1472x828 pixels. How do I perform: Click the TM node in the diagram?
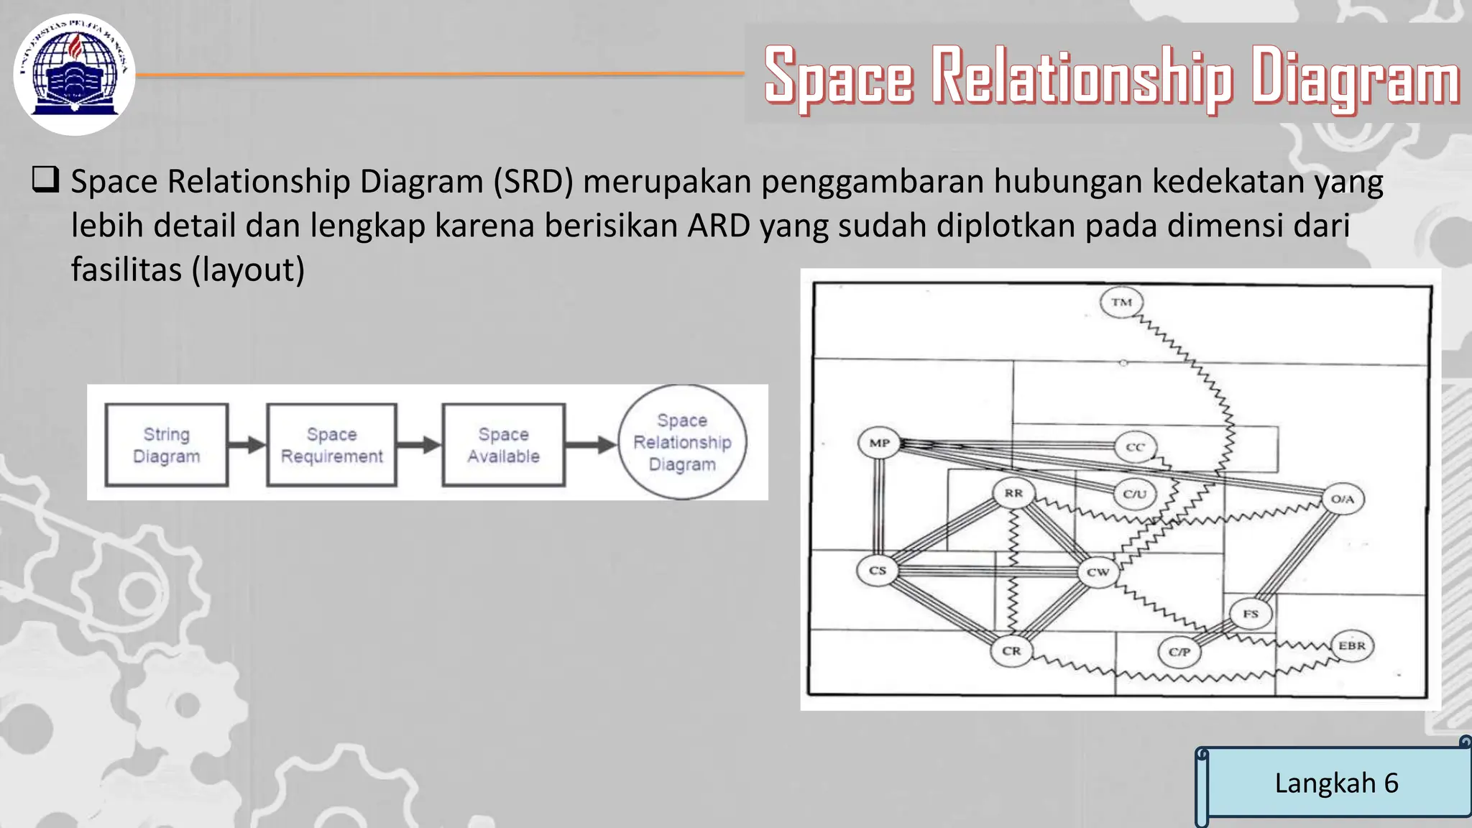(1121, 303)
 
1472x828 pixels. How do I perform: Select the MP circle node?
(879, 443)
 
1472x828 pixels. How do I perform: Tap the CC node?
(1135, 447)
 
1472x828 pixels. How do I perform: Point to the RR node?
(1013, 493)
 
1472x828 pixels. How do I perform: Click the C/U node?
(1135, 494)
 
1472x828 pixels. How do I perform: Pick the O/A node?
(1342, 499)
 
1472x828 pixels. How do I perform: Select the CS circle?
(878, 571)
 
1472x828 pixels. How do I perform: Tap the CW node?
(1098, 572)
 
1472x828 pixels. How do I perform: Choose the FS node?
(1251, 614)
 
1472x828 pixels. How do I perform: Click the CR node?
(1011, 650)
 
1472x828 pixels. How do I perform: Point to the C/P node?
(1179, 652)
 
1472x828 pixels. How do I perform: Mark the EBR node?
(1351, 645)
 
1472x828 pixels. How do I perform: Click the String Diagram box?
(167, 445)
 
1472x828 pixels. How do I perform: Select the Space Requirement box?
(331, 445)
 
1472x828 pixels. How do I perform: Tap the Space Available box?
(503, 445)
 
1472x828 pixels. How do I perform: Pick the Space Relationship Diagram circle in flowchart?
(682, 442)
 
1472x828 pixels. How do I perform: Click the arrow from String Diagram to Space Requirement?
(247, 445)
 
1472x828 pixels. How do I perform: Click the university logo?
(74, 75)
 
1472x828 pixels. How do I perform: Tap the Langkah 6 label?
(1336, 783)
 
